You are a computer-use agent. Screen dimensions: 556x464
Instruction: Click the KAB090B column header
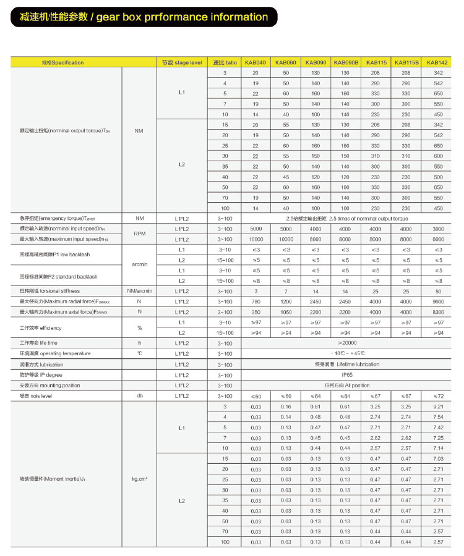click(346, 62)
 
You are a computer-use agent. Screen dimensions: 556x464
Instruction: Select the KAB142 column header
click(438, 62)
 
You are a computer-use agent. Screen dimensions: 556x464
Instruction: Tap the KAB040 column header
click(255, 62)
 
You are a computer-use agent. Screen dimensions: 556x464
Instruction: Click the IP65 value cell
click(347, 375)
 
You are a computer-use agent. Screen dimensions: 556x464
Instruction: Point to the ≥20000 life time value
click(347, 342)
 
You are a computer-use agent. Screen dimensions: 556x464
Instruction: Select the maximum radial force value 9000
click(438, 301)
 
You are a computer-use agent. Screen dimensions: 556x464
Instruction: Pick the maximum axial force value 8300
click(438, 312)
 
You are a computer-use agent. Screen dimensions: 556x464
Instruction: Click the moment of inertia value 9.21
click(438, 406)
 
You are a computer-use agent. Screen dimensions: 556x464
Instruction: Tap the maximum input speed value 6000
click(438, 239)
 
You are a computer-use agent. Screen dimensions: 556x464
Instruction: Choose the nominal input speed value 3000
click(438, 229)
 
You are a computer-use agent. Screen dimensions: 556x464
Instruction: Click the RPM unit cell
click(139, 234)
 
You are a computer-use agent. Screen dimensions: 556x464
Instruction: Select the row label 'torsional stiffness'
click(50, 290)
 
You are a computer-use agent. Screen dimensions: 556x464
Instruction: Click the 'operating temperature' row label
click(55, 353)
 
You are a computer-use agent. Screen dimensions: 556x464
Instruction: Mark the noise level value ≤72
click(438, 395)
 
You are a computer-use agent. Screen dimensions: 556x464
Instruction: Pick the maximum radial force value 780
click(255, 301)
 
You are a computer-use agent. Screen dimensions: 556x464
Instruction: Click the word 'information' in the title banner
click(231, 17)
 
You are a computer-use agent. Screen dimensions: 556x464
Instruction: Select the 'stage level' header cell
click(182, 62)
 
